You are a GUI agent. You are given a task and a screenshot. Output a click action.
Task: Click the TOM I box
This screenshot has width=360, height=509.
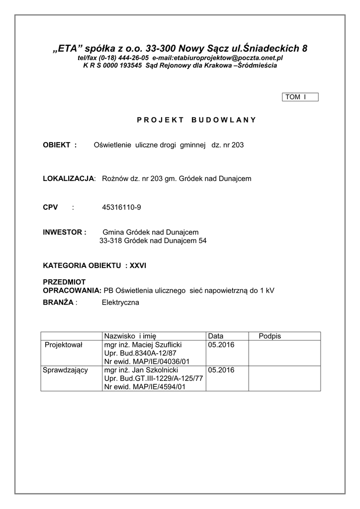(300, 97)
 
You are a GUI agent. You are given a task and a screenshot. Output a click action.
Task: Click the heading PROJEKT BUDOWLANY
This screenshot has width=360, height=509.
(196, 120)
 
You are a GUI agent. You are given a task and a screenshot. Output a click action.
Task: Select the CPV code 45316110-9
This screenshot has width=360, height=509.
(121, 207)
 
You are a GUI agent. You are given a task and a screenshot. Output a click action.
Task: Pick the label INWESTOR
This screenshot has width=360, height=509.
(65, 232)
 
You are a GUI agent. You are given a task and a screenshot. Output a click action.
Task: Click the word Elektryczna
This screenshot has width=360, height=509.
(121, 302)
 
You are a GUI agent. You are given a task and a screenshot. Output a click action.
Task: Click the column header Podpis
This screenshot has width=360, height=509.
(270, 336)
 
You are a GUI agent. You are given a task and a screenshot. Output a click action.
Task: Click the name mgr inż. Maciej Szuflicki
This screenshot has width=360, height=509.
(143, 344)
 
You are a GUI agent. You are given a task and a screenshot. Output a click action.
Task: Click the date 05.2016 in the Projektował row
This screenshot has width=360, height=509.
(221, 344)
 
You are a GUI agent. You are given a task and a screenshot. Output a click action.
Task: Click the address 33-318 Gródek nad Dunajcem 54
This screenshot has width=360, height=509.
(153, 241)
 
